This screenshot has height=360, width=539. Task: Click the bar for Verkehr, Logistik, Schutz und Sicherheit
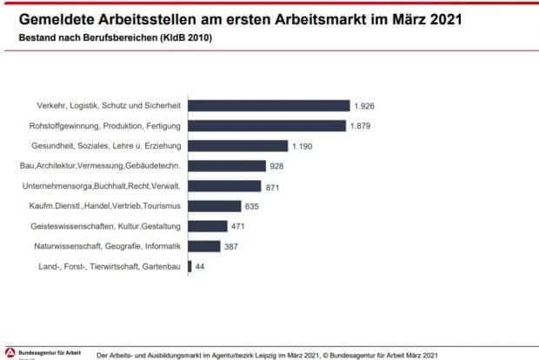268,105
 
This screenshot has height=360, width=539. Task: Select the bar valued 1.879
266,125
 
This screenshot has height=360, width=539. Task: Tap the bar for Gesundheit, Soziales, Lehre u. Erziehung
237,145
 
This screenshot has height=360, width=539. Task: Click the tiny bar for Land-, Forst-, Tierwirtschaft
189,266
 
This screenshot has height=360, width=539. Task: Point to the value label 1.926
363,105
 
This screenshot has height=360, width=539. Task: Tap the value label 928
277,165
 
